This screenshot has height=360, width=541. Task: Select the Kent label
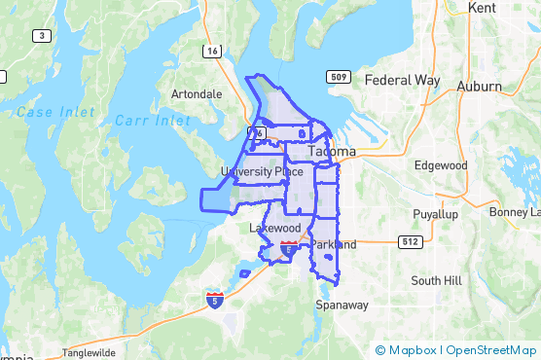(x=482, y=7)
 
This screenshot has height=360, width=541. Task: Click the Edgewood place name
(x=441, y=165)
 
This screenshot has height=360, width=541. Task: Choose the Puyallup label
(x=435, y=213)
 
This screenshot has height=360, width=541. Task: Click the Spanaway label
(x=342, y=305)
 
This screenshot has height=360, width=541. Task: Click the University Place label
(x=262, y=172)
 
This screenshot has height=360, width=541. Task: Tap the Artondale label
(x=196, y=94)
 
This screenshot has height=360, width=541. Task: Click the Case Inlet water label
(x=48, y=112)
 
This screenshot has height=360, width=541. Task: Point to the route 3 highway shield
(x=41, y=36)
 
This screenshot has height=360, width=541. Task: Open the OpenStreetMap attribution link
(x=491, y=349)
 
